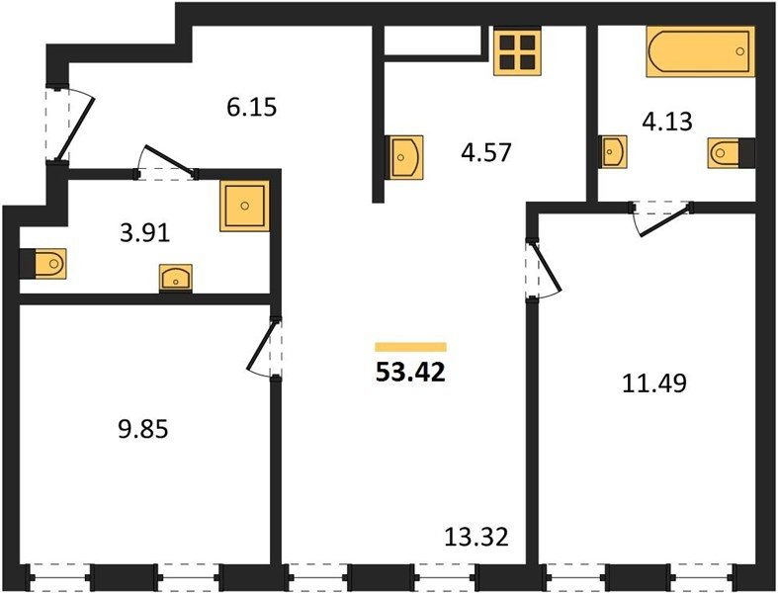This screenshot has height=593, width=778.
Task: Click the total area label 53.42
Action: point(411,373)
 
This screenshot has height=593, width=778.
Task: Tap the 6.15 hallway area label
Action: point(251,107)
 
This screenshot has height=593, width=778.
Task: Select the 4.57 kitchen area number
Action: point(485,152)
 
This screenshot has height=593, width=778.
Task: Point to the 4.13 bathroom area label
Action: point(667,122)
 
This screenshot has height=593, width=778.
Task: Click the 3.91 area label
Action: point(145,233)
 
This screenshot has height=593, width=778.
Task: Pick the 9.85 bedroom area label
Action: point(143,429)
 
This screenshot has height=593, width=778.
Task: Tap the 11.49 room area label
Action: point(654,383)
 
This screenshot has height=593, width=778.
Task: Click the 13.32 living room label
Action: point(476,537)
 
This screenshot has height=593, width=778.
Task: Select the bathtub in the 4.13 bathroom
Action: point(700,51)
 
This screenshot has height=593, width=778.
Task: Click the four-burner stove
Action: point(517,51)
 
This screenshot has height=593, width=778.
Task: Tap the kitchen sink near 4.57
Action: point(404,157)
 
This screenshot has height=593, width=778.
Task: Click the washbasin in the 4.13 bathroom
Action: point(613,151)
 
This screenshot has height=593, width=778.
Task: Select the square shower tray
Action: point(244,206)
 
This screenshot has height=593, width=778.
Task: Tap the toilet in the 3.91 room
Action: point(43,263)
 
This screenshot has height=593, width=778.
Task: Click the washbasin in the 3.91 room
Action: point(176,278)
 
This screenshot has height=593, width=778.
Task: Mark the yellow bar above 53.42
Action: point(411,347)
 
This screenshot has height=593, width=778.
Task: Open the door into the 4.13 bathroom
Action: point(662,218)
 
